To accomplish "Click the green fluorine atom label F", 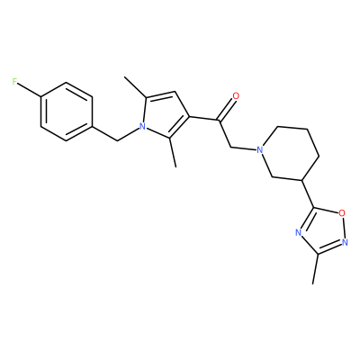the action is (14, 82).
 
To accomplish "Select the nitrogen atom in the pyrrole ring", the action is (143, 127).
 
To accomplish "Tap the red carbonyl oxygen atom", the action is (236, 96).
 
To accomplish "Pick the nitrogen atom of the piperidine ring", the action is (260, 149).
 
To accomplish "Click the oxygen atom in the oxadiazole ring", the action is (342, 213).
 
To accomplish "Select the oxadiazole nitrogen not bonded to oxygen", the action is (298, 232).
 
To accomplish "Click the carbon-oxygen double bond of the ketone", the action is (226, 110).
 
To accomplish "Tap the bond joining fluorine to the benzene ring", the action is (29, 89).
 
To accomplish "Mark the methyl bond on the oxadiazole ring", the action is (315, 269).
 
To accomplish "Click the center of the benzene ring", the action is (66, 112).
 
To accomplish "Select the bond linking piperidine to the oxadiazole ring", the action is (308, 194).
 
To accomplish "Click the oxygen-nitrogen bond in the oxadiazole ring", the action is (344, 228).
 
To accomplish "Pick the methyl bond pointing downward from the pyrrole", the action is (173, 152).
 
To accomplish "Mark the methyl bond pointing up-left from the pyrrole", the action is (135, 87).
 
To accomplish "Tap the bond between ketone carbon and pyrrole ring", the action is (204, 119).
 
